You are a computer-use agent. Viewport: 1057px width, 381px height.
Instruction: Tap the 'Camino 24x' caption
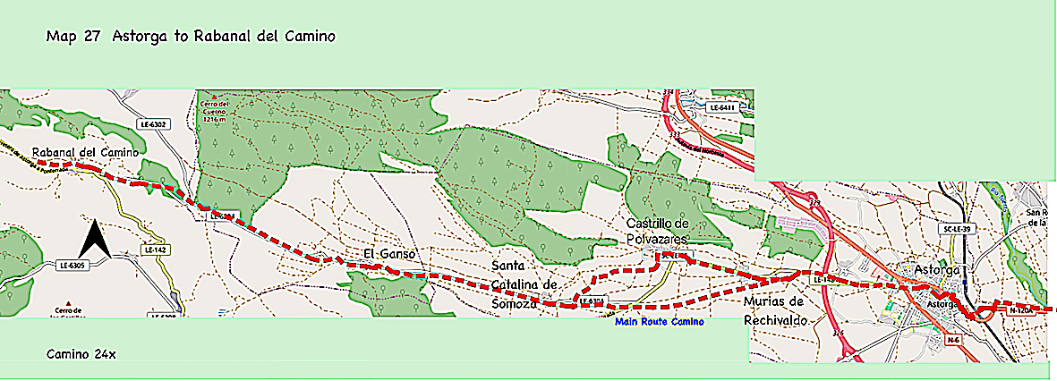[x=81, y=354]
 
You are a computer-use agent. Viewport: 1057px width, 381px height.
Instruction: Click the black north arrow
[x=94, y=240]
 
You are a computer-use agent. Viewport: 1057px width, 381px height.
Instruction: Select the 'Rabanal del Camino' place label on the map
[x=85, y=153]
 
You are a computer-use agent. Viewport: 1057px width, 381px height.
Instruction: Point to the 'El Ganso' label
[x=389, y=255]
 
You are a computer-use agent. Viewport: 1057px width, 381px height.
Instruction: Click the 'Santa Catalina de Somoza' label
[x=524, y=284]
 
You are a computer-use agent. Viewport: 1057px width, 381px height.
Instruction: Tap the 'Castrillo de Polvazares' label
[x=657, y=231]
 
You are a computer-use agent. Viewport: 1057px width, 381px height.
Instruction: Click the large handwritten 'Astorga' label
[x=937, y=269]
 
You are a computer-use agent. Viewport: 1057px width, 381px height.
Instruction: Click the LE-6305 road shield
[x=72, y=266]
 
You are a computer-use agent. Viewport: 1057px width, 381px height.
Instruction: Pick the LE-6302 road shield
[x=149, y=123]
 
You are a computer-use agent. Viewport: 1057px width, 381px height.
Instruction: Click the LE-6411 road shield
[x=720, y=108]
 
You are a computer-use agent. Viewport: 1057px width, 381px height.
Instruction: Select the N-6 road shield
[x=953, y=339]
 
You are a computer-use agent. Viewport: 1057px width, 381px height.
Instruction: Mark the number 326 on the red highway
[x=838, y=333]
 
